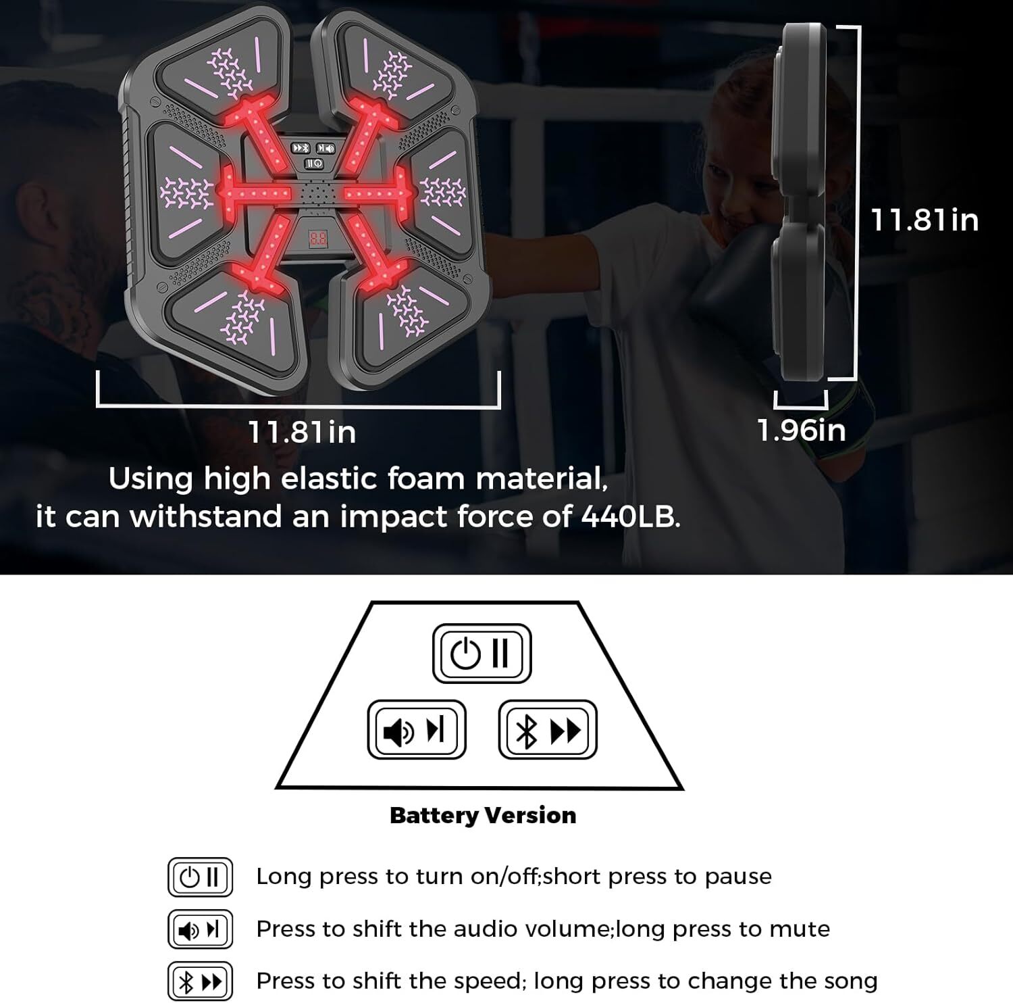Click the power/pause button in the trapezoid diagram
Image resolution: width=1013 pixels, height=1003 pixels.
[482, 653]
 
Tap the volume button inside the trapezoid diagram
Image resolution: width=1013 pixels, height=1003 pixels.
[417, 729]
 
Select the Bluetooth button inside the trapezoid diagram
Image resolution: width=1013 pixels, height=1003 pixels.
[548, 729]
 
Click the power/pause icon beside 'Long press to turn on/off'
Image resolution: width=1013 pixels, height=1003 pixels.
[200, 877]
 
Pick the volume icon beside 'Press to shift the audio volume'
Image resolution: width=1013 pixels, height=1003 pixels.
[200, 929]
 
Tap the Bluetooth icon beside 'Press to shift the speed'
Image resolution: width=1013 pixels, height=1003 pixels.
[200, 981]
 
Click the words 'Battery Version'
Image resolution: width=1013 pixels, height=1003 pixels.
[483, 815]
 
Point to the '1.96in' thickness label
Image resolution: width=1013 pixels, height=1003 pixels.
[802, 430]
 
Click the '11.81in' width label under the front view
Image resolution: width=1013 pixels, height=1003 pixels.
[302, 432]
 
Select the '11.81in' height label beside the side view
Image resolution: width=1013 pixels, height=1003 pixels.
[925, 220]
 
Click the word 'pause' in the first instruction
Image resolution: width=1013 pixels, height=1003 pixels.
[738, 877]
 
